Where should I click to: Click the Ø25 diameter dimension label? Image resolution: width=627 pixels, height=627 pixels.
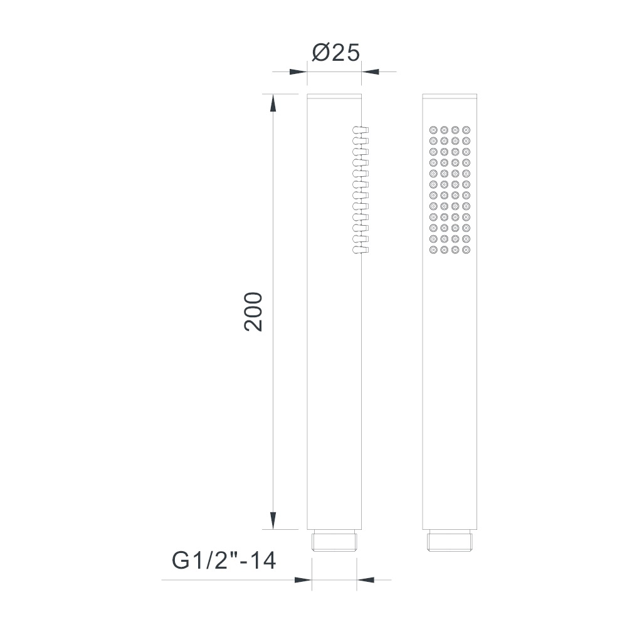[336, 53]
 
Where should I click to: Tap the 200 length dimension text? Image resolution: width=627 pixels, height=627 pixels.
[253, 312]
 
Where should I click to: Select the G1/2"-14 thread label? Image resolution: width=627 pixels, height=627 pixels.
[224, 561]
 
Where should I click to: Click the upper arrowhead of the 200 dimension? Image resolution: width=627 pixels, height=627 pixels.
[273, 103]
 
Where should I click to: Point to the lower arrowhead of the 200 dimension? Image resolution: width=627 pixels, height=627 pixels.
[273, 520]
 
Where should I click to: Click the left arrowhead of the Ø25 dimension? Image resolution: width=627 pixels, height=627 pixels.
[298, 72]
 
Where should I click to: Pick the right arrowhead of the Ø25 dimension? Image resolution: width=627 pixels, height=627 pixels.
[371, 72]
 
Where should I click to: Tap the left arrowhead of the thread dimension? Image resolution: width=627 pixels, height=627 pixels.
[303, 580]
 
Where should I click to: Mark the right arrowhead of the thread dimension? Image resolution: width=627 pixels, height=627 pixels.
[366, 580]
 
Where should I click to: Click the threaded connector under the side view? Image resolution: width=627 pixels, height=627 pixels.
[334, 540]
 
